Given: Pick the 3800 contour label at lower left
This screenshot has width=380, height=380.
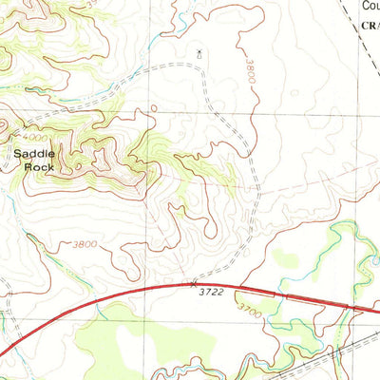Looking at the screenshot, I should coord(84,245).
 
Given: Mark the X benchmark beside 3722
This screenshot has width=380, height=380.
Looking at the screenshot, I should coord(195,282).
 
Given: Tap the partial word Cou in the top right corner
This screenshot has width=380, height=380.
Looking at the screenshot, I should coord(370,6).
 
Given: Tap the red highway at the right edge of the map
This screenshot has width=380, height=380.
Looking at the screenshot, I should coord(376,310).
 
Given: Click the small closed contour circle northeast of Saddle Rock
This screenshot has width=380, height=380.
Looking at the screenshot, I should coord(151,110).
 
